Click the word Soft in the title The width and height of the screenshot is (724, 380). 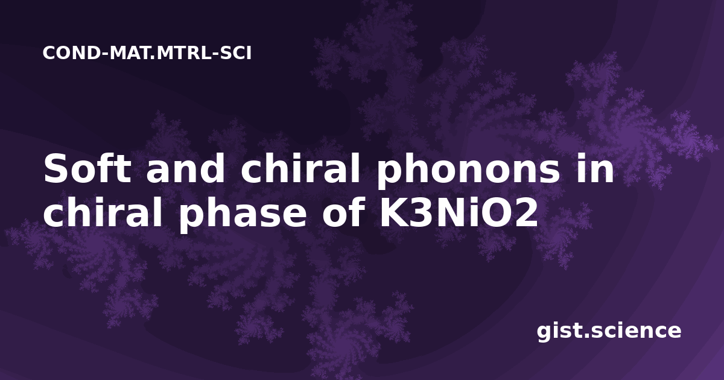pos(87,168)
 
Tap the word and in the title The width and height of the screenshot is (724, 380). pos(186,168)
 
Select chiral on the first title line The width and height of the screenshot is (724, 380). pos(300,168)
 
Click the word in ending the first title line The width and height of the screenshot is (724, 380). pos(595,168)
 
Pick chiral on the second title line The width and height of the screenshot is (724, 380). pos(103,212)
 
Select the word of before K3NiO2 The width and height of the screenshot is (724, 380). pos(343,212)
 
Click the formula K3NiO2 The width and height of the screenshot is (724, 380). pos(459,212)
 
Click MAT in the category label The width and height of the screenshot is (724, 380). pos(132,53)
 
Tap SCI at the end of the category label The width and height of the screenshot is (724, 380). pos(236,53)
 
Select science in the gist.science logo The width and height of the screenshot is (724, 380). pos(636,331)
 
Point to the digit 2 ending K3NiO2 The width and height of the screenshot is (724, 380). pos(527,212)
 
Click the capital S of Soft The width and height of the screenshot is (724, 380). pos(56,168)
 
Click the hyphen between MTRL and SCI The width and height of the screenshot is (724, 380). pos(215,54)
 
